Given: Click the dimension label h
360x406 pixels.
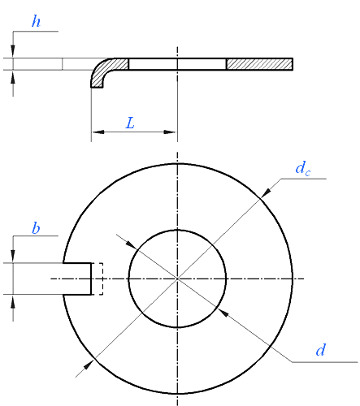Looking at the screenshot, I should [36, 22].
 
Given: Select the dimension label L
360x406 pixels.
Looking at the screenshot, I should [130, 123].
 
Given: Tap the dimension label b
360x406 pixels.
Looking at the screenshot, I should [36, 228].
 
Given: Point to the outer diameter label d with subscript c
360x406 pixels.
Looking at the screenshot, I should [301, 170].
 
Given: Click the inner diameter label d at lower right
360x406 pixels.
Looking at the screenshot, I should [321, 350].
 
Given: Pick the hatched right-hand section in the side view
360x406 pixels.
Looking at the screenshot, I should [259, 64].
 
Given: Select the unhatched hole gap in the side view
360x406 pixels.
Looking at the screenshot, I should [177, 64].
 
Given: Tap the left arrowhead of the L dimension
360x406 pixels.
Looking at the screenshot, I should [96, 132].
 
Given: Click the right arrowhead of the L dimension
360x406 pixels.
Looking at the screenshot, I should [171, 132].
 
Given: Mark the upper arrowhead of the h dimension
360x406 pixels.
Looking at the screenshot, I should [13, 54].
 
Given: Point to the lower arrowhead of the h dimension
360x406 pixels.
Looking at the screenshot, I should [13, 75].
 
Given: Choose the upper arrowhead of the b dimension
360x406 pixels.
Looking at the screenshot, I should [13, 257].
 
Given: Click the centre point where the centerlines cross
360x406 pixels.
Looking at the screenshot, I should [177, 279].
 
